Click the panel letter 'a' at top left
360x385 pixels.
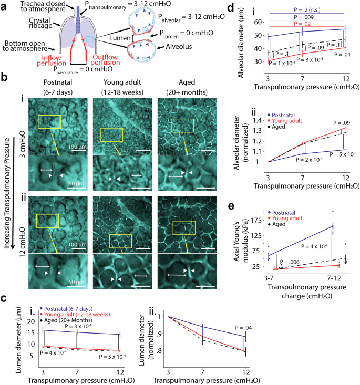click(4, 6)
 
